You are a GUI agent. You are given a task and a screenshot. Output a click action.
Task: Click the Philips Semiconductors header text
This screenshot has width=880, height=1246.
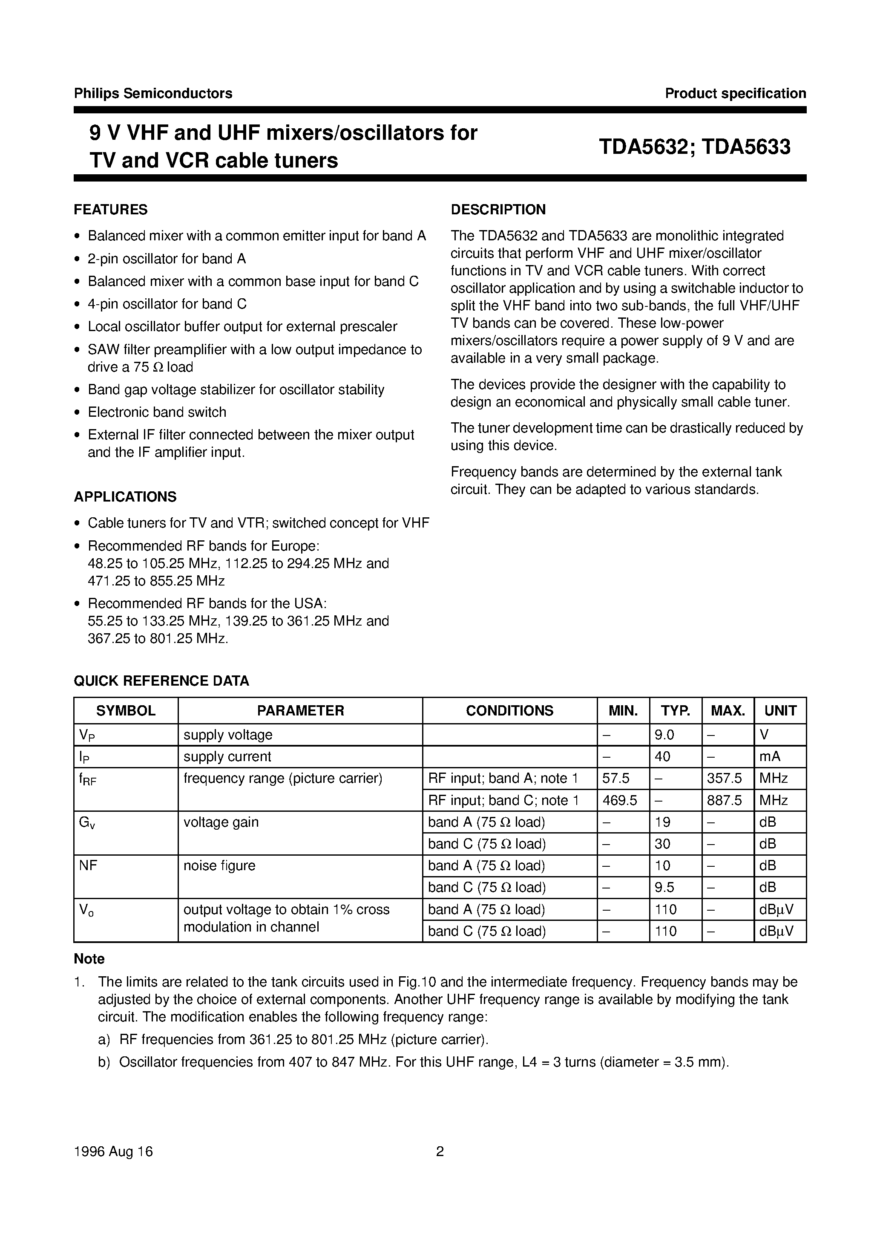point(153,93)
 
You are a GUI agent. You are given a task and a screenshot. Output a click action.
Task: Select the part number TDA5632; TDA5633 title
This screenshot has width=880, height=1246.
point(694,147)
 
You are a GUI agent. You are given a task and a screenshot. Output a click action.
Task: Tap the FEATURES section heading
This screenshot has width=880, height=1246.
point(111,210)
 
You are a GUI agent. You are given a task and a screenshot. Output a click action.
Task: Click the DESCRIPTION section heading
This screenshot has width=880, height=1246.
point(498,210)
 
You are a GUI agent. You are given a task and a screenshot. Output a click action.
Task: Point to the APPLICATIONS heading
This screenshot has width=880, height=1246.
point(125,496)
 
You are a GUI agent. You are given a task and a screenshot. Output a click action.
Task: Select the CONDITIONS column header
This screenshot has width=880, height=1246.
point(509,710)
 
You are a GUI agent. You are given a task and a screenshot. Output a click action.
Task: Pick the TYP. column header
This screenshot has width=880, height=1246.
point(676,710)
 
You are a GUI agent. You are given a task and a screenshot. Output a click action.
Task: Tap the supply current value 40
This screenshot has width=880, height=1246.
point(662,756)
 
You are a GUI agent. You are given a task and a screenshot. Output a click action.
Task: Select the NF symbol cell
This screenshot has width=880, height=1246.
point(88,865)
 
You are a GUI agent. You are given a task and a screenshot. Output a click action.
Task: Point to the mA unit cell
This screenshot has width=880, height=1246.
point(770,756)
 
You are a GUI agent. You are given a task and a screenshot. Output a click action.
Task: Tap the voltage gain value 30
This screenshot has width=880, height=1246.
point(662,844)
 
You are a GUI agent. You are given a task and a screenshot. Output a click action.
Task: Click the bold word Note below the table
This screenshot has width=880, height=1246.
point(89,959)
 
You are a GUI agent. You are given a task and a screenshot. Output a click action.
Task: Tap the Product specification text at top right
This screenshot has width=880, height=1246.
point(735,93)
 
